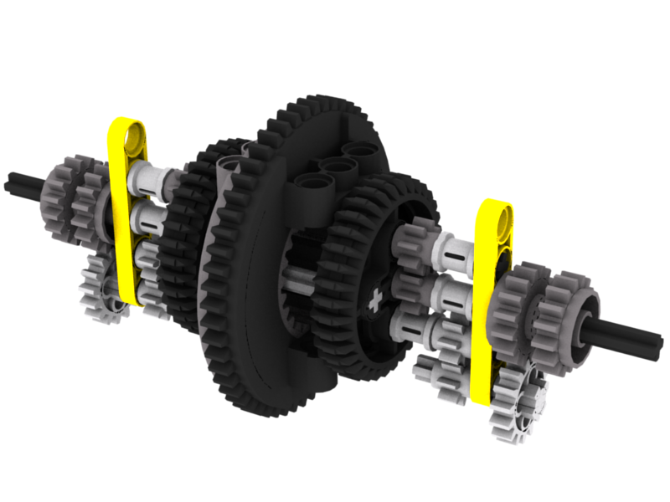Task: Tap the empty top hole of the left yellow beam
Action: (132, 134)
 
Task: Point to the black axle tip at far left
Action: (17, 179)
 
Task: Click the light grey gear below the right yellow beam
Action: (519, 402)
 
